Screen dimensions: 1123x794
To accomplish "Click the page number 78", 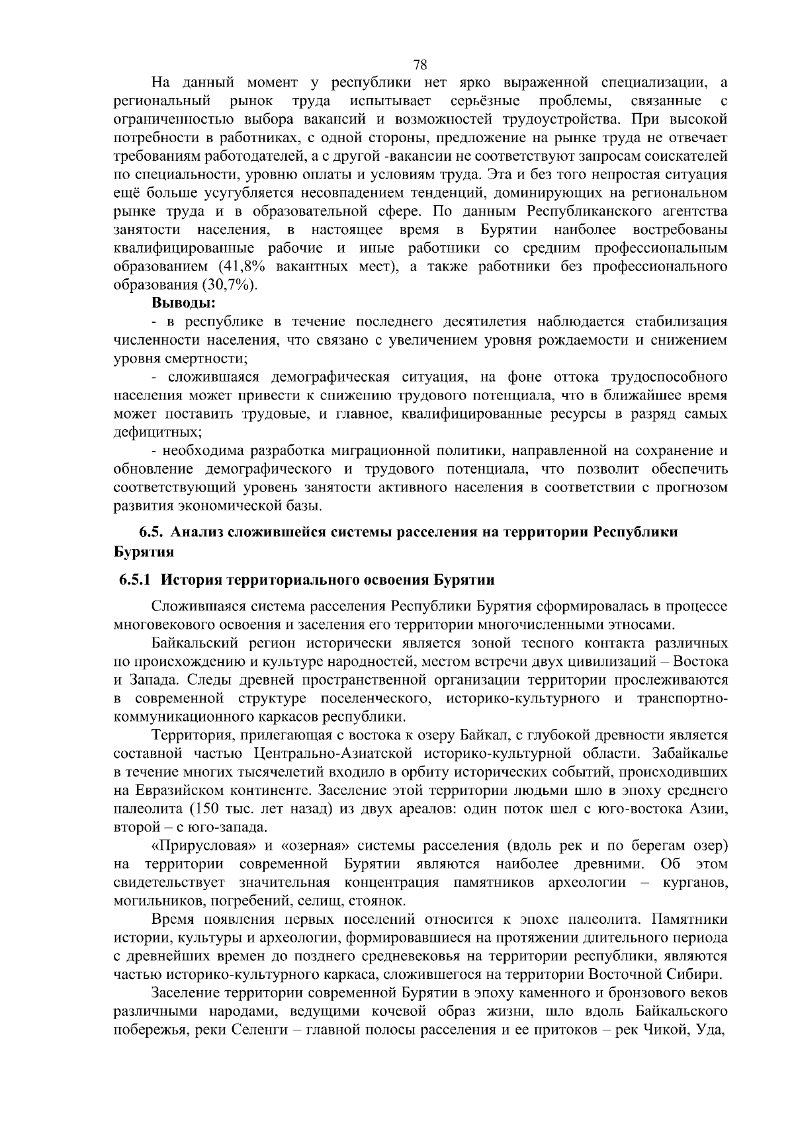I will coord(419,64).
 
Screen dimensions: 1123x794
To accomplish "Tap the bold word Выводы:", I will coord(183,304).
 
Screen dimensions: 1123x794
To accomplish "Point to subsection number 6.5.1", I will coord(136,580).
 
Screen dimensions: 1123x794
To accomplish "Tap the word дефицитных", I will coord(156,433).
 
